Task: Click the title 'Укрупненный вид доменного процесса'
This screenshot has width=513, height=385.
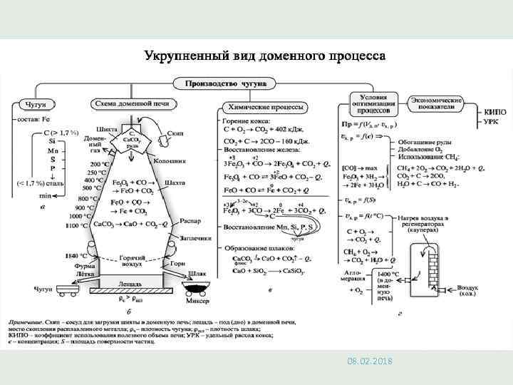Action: (x=264, y=55)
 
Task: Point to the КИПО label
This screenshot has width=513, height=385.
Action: (x=494, y=112)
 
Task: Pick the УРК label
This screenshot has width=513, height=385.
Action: (x=491, y=123)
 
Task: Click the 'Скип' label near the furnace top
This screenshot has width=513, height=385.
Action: (x=175, y=133)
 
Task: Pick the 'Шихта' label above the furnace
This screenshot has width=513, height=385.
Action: (x=107, y=128)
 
